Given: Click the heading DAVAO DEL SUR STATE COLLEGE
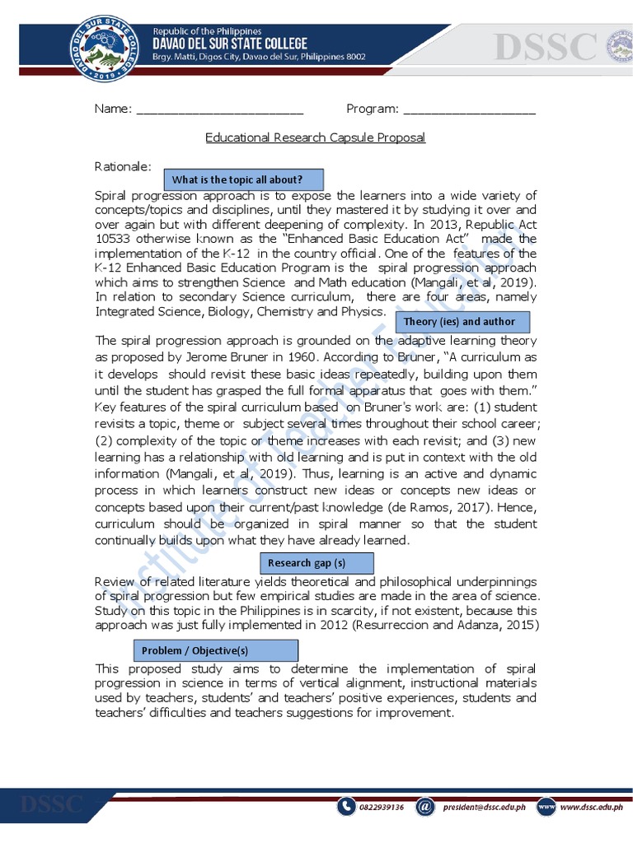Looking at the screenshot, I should [x=230, y=44].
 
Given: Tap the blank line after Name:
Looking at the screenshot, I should [x=219, y=109].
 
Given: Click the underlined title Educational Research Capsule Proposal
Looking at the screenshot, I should [x=315, y=137].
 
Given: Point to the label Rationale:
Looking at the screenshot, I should [x=124, y=166].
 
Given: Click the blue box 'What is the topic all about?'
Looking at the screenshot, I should [x=244, y=179].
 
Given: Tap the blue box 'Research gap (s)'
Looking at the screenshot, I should [x=317, y=563].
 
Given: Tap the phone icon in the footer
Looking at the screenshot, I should [x=347, y=808].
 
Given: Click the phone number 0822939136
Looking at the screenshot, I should [x=382, y=808].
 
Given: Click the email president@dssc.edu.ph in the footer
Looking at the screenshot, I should [x=484, y=808].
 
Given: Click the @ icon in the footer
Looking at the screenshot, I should [x=424, y=808].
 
